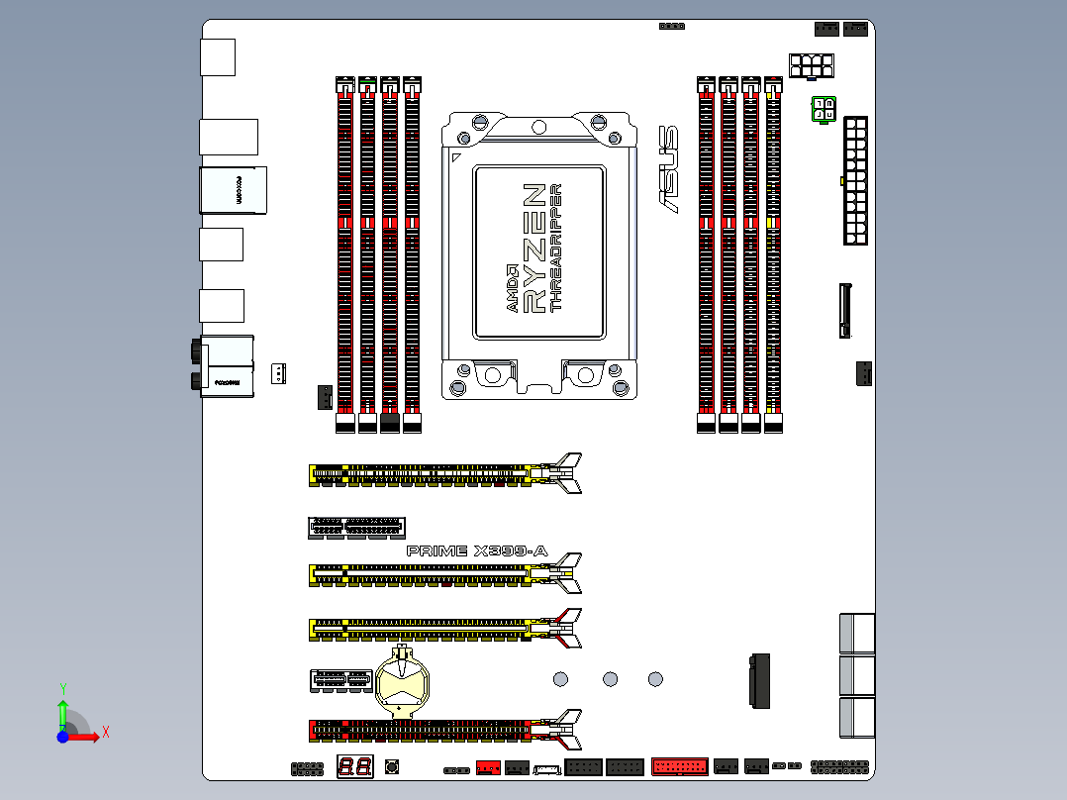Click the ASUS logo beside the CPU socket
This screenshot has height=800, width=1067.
669,169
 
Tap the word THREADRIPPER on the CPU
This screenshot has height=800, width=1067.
556,248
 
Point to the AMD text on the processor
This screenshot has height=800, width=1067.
512,288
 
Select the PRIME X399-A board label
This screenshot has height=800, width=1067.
477,550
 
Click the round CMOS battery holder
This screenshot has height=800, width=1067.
403,682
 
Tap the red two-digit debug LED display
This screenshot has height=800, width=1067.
355,766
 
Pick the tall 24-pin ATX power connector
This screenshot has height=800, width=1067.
855,180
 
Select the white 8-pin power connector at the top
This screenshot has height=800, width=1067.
811,66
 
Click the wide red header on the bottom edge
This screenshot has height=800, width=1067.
679,766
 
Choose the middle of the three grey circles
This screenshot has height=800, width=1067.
610,679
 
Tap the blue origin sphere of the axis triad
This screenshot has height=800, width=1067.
62,737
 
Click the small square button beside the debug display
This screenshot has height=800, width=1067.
391,766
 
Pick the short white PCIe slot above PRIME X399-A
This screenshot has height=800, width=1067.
356,528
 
